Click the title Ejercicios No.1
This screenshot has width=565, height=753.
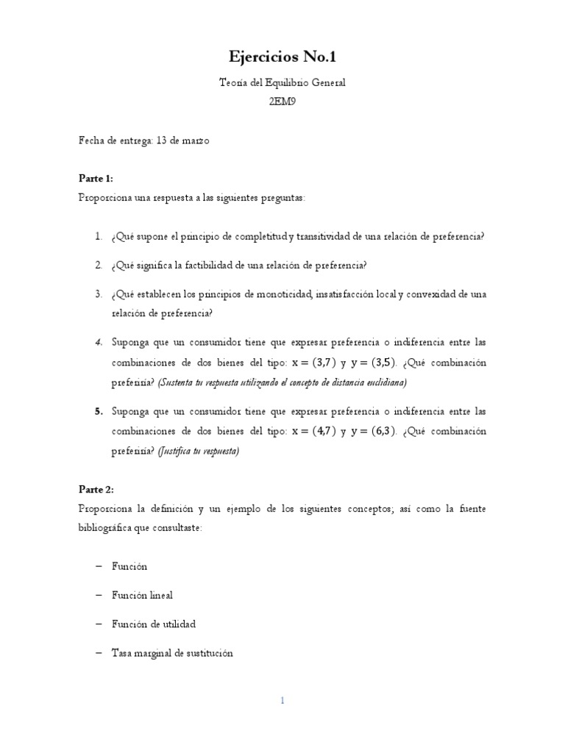282,57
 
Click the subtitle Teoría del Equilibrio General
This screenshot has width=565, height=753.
282,83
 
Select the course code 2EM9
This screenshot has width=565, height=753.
282,102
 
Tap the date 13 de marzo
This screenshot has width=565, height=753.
182,140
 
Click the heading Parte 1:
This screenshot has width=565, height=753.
96,179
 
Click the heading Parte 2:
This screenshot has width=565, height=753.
96,489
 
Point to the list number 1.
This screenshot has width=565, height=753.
98,236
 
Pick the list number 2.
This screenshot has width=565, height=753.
98,265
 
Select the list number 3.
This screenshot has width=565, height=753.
98,294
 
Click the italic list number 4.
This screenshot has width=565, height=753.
98,343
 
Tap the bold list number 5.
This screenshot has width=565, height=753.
98,412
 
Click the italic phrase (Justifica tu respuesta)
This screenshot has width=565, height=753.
199,452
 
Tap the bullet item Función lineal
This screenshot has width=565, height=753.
142,595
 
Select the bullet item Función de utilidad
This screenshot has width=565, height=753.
153,624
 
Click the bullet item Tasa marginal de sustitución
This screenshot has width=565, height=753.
171,652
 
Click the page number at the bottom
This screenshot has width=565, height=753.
282,701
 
